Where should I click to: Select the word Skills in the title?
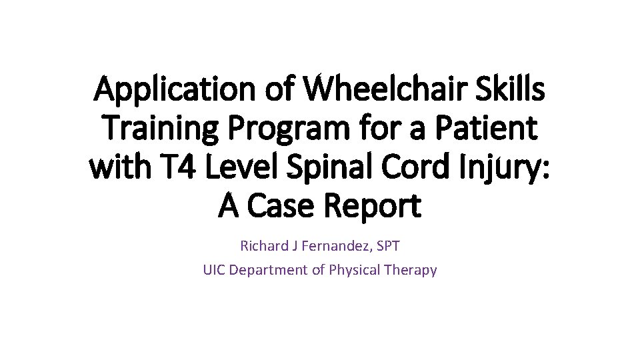510,91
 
